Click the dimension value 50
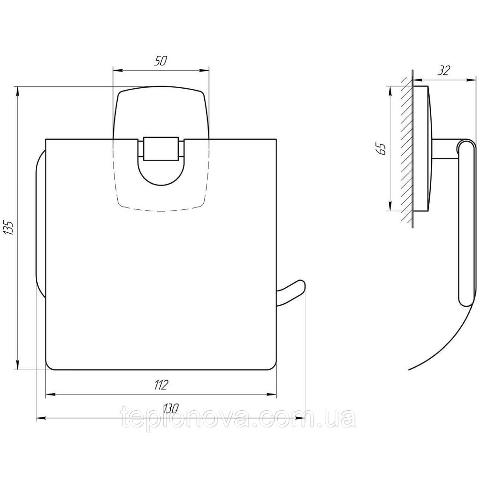tap(160, 61)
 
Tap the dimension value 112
tap(161, 385)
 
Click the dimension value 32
tap(444, 71)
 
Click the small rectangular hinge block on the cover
tap(161, 148)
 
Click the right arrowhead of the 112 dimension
tap(272, 395)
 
